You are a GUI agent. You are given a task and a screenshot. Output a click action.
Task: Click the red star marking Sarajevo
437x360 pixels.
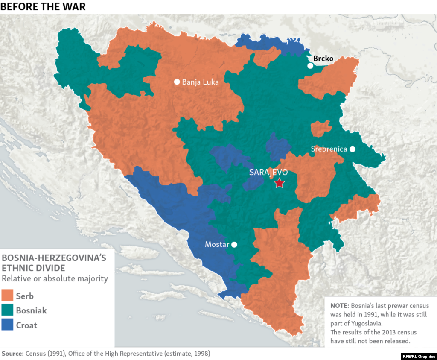[279, 183]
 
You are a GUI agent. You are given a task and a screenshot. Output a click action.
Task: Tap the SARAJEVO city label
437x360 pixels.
[268, 173]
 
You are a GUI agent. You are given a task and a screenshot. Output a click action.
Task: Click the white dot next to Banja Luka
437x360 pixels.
[177, 82]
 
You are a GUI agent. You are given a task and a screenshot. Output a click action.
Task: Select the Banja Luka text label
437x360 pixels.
[200, 82]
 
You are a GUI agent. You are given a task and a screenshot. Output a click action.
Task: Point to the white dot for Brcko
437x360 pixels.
[310, 66]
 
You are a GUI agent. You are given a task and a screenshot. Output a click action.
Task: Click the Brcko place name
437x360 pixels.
[323, 59]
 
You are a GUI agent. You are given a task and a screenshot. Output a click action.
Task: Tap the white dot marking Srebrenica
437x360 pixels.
[353, 149]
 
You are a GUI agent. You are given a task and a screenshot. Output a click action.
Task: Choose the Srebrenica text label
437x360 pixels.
[329, 149]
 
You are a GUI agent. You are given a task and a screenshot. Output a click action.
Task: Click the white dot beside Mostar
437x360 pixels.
[234, 245]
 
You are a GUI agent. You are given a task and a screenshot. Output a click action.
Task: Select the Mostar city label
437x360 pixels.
[217, 245]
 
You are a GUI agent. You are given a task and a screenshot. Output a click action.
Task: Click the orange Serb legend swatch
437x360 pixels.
[8, 296]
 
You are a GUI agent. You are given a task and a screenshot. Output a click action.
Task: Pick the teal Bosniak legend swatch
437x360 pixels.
[8, 310]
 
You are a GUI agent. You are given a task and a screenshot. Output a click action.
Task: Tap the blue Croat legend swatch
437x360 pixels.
[8, 325]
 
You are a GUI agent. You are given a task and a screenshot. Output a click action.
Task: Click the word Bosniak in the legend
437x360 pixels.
[31, 310]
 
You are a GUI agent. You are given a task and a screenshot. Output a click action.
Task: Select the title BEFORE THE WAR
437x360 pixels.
[43, 6]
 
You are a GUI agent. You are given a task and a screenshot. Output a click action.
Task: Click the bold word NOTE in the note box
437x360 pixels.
[339, 306]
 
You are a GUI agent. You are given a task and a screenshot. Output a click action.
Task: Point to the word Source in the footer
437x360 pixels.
[12, 354]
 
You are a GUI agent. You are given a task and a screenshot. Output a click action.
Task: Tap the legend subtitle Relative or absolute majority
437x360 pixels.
[55, 279]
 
